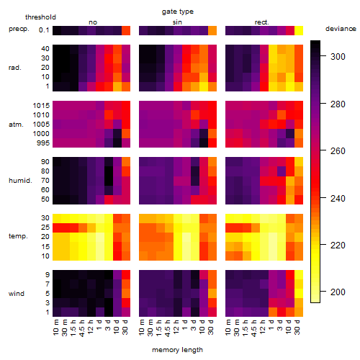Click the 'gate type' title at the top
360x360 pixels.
[178, 12]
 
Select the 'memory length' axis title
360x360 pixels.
[177, 350]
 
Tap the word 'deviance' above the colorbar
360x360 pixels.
[341, 29]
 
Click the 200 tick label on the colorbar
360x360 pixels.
[338, 292]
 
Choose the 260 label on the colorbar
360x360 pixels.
[338, 151]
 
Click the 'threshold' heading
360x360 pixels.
[40, 17]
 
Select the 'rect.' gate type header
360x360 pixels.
[261, 22]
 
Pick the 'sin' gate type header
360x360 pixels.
[177, 22]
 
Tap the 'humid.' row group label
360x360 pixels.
[20, 181]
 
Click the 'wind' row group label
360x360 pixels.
[17, 294]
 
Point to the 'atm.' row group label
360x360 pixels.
[16, 125]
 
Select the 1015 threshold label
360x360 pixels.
[41, 106]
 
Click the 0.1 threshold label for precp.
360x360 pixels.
[44, 30]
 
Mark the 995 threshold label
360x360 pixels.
[43, 143]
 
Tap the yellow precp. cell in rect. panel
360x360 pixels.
[299, 31]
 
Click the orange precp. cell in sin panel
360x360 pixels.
[212, 31]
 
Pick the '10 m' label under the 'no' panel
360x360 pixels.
[56, 328]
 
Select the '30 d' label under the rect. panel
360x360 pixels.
[297, 328]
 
